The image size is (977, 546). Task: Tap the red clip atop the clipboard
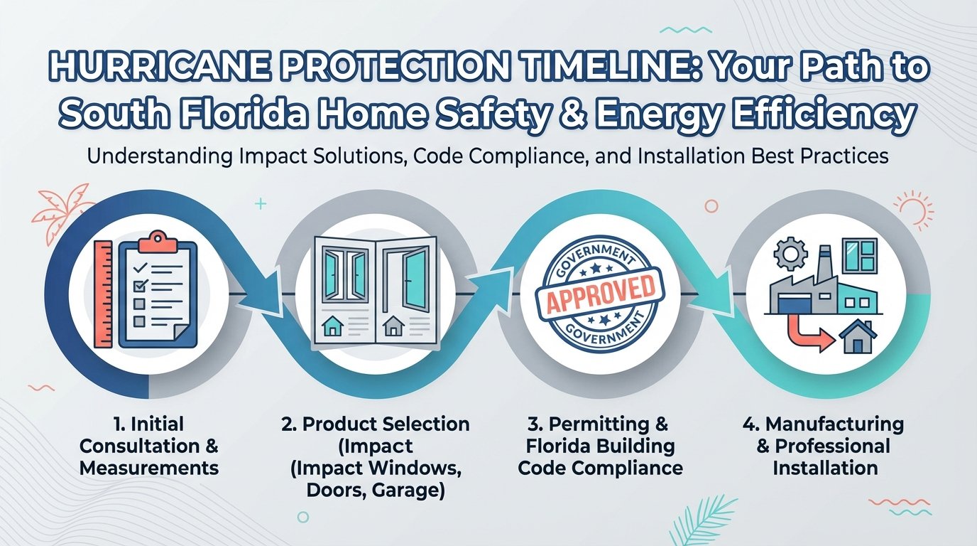tap(157, 243)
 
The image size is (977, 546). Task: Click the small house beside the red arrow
tap(856, 337)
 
